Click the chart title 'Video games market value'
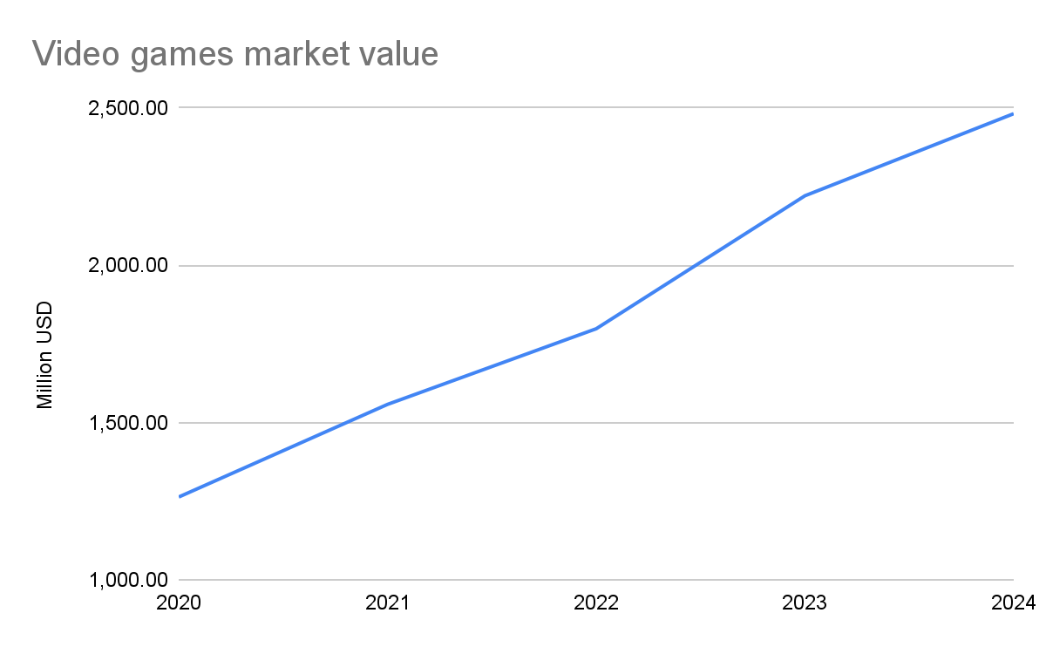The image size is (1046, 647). [234, 55]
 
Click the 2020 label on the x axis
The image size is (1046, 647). [179, 603]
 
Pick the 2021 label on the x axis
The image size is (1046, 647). [387, 603]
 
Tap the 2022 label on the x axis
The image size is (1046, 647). [596, 603]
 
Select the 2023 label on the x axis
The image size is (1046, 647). [805, 603]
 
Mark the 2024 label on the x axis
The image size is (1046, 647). [1013, 603]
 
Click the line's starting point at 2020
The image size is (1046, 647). [179, 497]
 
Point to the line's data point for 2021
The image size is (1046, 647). [387, 404]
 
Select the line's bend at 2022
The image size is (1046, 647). [596, 329]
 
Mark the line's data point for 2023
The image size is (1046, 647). [805, 195]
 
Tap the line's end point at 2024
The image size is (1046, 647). [1013, 113]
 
